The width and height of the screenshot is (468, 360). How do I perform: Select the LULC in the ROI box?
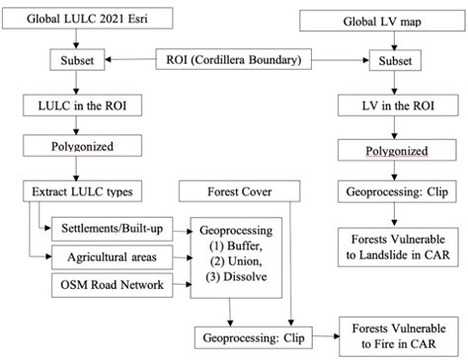74,106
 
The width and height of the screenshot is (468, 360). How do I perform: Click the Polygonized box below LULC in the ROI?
73,150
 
